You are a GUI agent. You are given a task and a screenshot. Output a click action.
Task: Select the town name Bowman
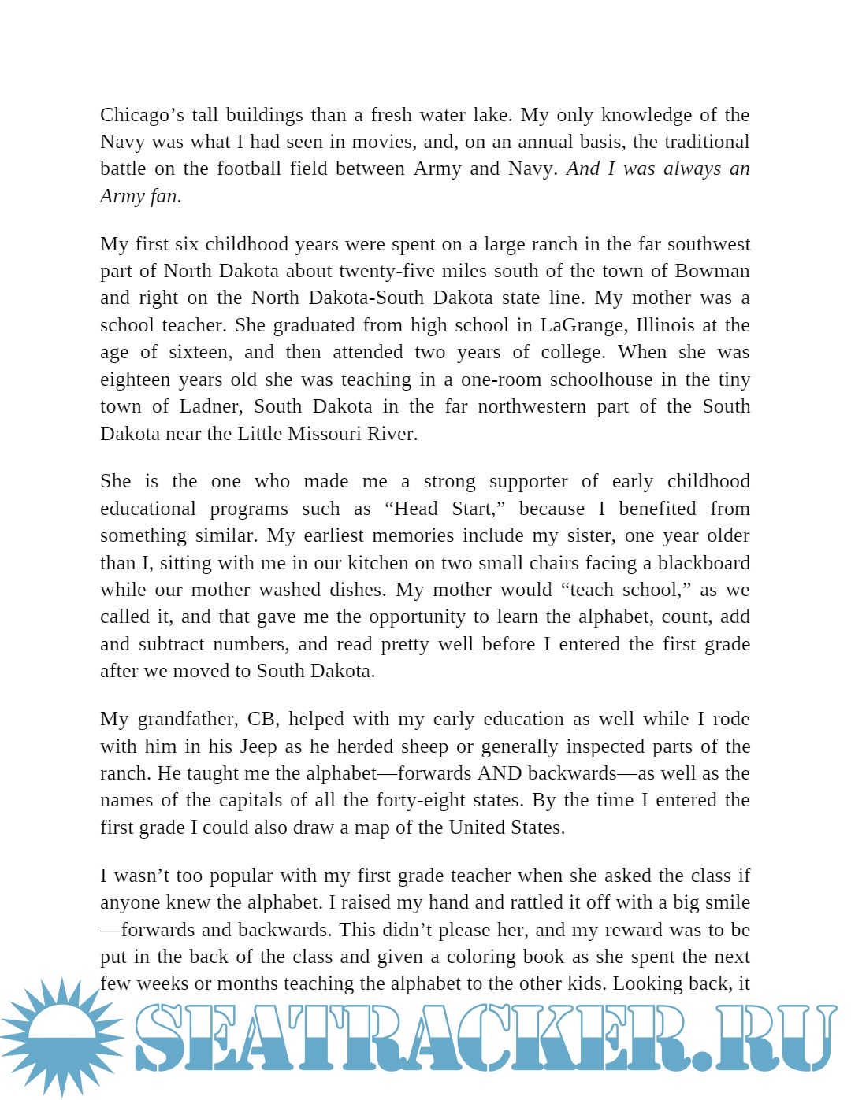click(712, 271)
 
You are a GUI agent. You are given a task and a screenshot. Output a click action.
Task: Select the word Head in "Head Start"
click(415, 509)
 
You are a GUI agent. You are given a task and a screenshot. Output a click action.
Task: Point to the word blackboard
click(704, 563)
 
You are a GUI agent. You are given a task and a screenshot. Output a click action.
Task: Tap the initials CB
click(262, 719)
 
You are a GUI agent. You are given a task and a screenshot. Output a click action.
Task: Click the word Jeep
click(258, 746)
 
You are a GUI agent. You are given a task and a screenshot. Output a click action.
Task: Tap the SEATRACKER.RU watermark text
click(485, 1037)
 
